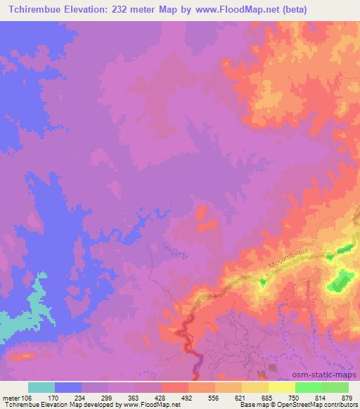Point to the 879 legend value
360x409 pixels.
(347, 397)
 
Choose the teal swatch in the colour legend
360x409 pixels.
(41, 387)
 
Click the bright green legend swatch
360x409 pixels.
(309, 387)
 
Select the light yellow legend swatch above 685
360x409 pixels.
(255, 387)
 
